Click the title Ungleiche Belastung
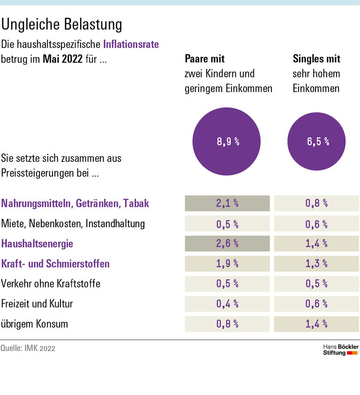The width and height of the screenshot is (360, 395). coord(62,24)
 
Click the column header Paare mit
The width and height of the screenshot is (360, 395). coord(205,59)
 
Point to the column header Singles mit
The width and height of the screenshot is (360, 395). coord(316,59)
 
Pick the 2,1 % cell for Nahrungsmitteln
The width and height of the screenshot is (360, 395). coord(227,203)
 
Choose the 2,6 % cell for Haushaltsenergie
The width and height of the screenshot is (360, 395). coord(227,243)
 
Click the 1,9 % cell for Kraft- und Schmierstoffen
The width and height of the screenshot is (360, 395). coord(227,264)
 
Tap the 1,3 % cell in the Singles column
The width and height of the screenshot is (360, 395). coord(316,264)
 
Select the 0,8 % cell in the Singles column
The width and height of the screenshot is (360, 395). coord(316,203)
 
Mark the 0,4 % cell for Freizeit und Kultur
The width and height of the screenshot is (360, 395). coord(227,304)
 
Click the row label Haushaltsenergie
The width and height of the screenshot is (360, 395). coord(37,243)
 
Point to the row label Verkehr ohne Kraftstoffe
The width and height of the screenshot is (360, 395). coord(51,284)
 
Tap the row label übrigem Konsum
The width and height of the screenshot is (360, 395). coord(35,324)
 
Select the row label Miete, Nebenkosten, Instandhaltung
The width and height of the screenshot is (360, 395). coord(73,223)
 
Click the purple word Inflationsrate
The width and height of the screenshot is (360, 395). coord(131,45)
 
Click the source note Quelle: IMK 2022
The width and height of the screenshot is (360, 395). coord(28,349)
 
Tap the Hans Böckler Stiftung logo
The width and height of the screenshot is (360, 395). coord(341,349)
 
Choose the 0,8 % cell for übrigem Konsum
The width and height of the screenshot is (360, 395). coord(227,324)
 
